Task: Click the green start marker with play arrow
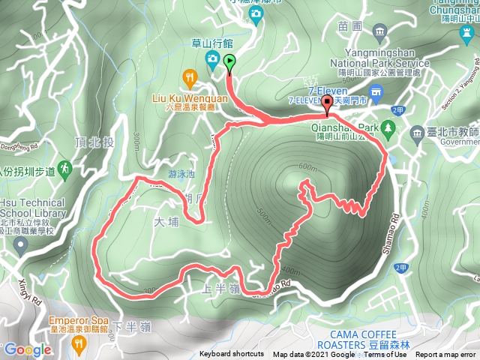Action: (x=229, y=63)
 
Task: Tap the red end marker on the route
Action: (x=326, y=103)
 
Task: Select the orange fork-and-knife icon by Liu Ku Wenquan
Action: (x=190, y=76)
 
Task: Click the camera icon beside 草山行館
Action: (x=212, y=58)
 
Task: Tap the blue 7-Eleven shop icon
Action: (x=375, y=92)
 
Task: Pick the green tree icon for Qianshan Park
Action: (x=388, y=130)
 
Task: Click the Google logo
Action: (x=27, y=349)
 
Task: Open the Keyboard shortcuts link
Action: (x=231, y=354)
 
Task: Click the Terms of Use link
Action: (x=384, y=354)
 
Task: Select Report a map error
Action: (x=447, y=354)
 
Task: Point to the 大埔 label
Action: (x=169, y=223)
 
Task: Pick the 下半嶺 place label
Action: (x=131, y=327)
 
